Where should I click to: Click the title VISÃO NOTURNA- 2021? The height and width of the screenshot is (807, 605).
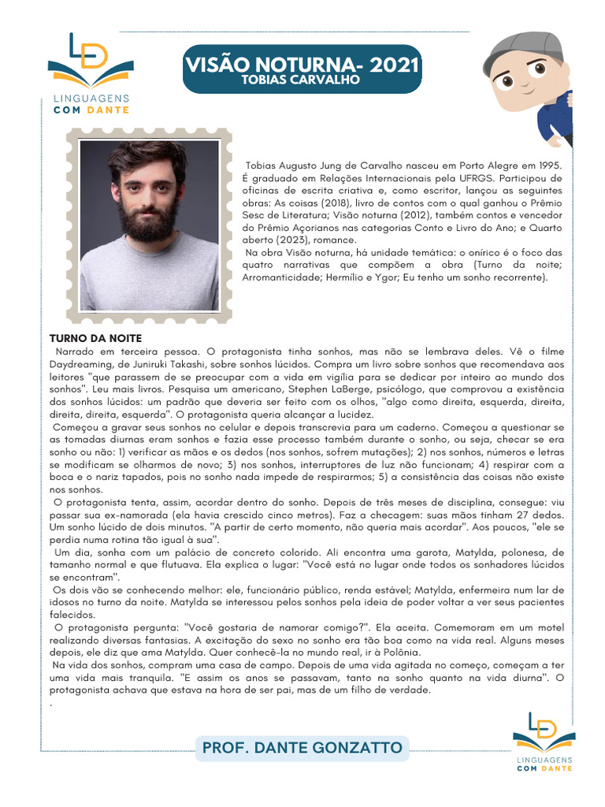tap(302, 63)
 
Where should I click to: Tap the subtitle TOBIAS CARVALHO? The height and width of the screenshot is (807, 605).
tap(301, 80)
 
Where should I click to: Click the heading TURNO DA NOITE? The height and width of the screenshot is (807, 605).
tap(95, 338)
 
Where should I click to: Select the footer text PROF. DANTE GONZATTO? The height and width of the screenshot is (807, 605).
tap(302, 747)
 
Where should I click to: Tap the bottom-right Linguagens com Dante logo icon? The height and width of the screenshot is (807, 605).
tap(544, 734)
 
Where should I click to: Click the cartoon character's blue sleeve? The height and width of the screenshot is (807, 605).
tap(556, 115)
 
